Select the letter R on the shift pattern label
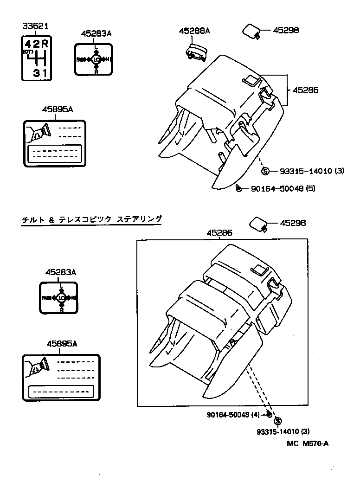[45, 45]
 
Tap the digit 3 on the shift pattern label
[36, 73]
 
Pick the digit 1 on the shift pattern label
[45, 73]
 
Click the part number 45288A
[195, 31]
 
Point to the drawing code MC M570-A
[308, 443]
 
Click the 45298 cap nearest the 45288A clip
[251, 31]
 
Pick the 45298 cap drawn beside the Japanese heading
[258, 224]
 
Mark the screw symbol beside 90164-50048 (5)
[238, 188]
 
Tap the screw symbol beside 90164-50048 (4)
[270, 414]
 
